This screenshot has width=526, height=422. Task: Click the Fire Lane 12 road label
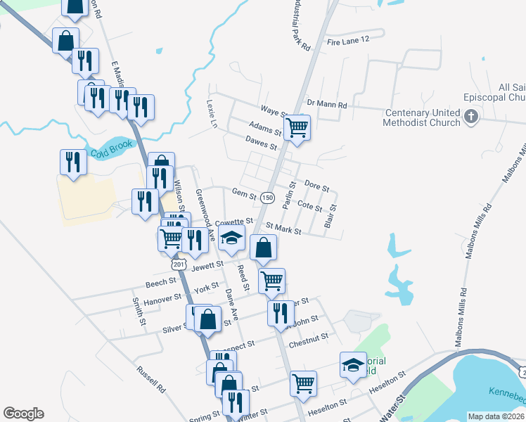[x=348, y=41]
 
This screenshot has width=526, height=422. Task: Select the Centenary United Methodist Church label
[x=421, y=117]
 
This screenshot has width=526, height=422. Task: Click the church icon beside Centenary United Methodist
[x=471, y=116]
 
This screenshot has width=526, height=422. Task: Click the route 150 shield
[x=267, y=198]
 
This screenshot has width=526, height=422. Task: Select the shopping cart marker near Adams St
[x=297, y=128]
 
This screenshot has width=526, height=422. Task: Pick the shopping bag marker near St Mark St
[x=263, y=248]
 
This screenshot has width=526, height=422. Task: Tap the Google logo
[x=23, y=414]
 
